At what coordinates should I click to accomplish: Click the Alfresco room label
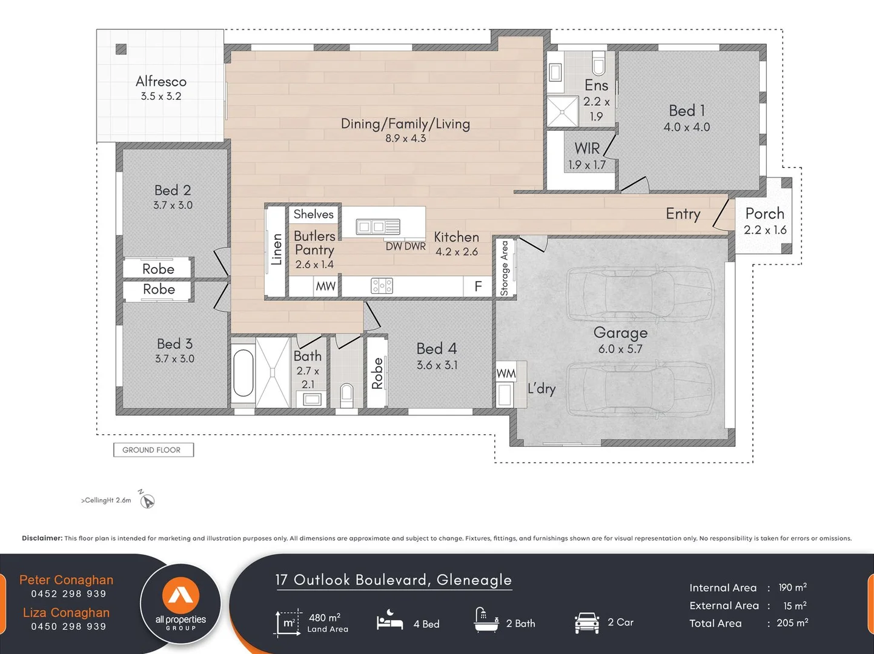161,82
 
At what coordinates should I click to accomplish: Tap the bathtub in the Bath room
243,372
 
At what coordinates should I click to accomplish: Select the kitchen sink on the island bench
378,227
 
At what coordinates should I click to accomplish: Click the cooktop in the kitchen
382,285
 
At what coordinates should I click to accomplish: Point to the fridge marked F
478,286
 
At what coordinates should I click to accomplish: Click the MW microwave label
326,286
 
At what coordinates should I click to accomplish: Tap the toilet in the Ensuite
598,63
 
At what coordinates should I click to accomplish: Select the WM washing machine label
506,374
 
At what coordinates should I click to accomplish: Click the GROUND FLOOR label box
154,450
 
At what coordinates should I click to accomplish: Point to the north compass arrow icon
147,500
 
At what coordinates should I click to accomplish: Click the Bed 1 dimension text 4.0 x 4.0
686,127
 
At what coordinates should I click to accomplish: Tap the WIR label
587,148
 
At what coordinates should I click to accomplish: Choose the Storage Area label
505,268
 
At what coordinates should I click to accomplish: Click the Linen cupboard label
276,249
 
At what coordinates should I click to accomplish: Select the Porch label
765,214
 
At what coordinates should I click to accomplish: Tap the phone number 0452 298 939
69,593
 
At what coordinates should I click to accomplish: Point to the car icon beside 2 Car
587,623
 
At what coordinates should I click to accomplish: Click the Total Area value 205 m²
792,623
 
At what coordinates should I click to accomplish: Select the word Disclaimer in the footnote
42,538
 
